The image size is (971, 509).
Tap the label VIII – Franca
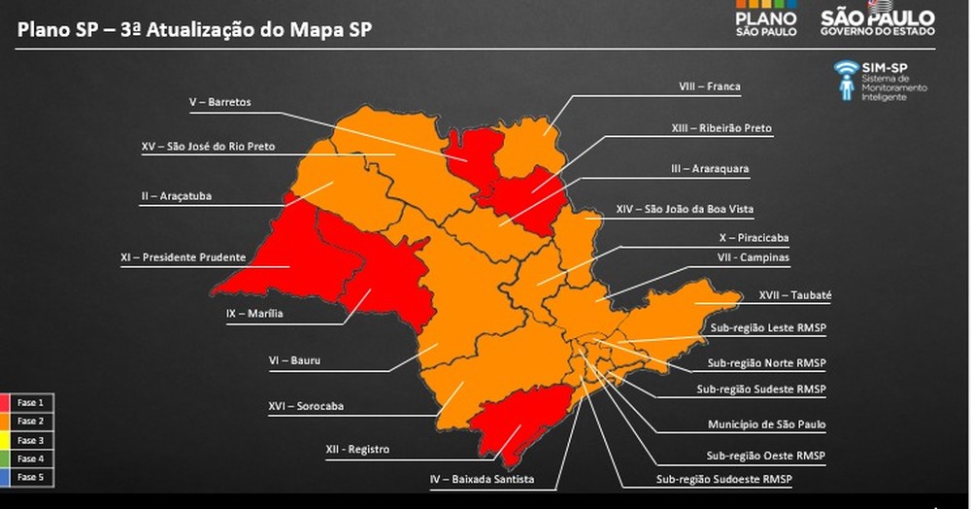(x=709, y=86)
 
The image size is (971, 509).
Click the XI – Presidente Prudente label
(x=183, y=257)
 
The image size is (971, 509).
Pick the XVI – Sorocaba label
(x=306, y=406)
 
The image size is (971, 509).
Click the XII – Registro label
(x=357, y=449)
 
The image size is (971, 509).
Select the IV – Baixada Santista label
(x=483, y=479)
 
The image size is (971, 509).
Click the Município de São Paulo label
(x=767, y=424)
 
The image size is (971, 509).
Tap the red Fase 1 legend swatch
(x=7, y=402)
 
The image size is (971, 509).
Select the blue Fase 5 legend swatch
(x=7, y=477)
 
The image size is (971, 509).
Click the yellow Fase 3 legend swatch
(x=7, y=440)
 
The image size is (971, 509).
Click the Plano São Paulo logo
(x=766, y=21)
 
